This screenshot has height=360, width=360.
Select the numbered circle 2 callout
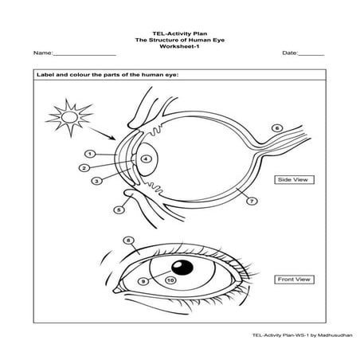click(x=84, y=168)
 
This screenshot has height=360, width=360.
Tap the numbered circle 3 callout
click(x=97, y=182)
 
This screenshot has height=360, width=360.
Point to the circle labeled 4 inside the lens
click(x=146, y=159)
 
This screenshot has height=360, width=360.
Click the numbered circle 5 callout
click(x=119, y=210)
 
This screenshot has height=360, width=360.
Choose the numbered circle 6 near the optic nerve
click(x=276, y=127)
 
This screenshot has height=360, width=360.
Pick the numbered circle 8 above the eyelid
click(x=128, y=240)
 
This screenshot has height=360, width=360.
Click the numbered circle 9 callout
click(x=143, y=280)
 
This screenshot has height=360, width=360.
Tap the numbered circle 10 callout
click(x=170, y=280)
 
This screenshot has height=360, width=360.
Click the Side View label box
click(x=292, y=181)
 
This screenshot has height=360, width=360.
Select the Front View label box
click(x=292, y=280)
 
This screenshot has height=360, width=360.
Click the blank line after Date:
click(x=311, y=53)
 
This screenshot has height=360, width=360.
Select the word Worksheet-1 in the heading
click(x=179, y=45)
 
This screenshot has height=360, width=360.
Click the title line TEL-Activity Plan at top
click(x=179, y=33)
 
